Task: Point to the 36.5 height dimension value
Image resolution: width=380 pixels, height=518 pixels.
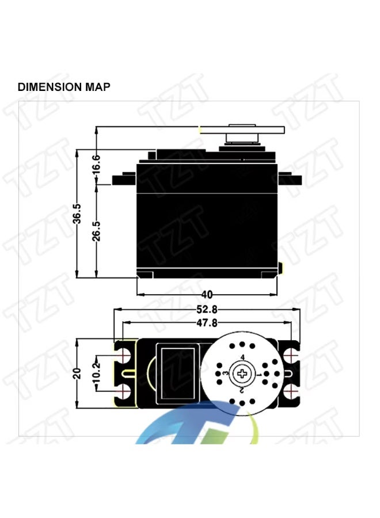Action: (x=77, y=214)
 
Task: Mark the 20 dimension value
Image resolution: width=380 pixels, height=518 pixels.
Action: (x=77, y=374)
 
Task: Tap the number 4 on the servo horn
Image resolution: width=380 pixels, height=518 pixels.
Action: (x=242, y=358)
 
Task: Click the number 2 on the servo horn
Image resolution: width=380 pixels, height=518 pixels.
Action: (x=242, y=390)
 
